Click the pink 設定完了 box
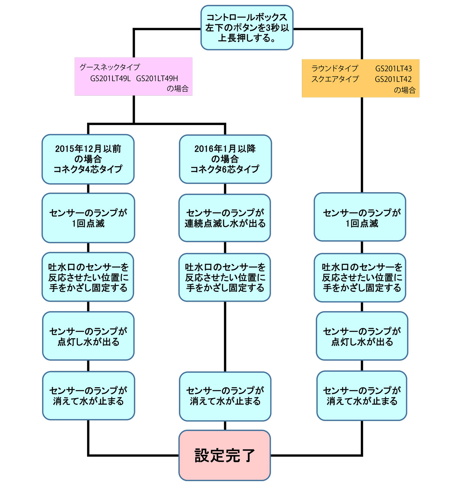[225, 455]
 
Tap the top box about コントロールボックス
[247, 28]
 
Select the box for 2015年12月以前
[88, 159]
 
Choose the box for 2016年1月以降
[225, 159]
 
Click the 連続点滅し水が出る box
[225, 218]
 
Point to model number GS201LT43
[393, 69]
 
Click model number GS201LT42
[393, 79]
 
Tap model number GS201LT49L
[111, 78]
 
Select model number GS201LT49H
[157, 78]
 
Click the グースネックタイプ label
[109, 68]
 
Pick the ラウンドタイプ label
[335, 69]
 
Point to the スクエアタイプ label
[335, 79]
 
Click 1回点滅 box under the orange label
[360, 217]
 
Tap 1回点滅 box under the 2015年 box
[88, 218]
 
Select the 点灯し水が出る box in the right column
[362, 336]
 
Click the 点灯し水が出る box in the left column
[88, 336]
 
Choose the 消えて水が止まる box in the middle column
[225, 396]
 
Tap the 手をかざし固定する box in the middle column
[225, 278]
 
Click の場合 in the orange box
[404, 90]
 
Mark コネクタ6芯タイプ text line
[225, 169]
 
